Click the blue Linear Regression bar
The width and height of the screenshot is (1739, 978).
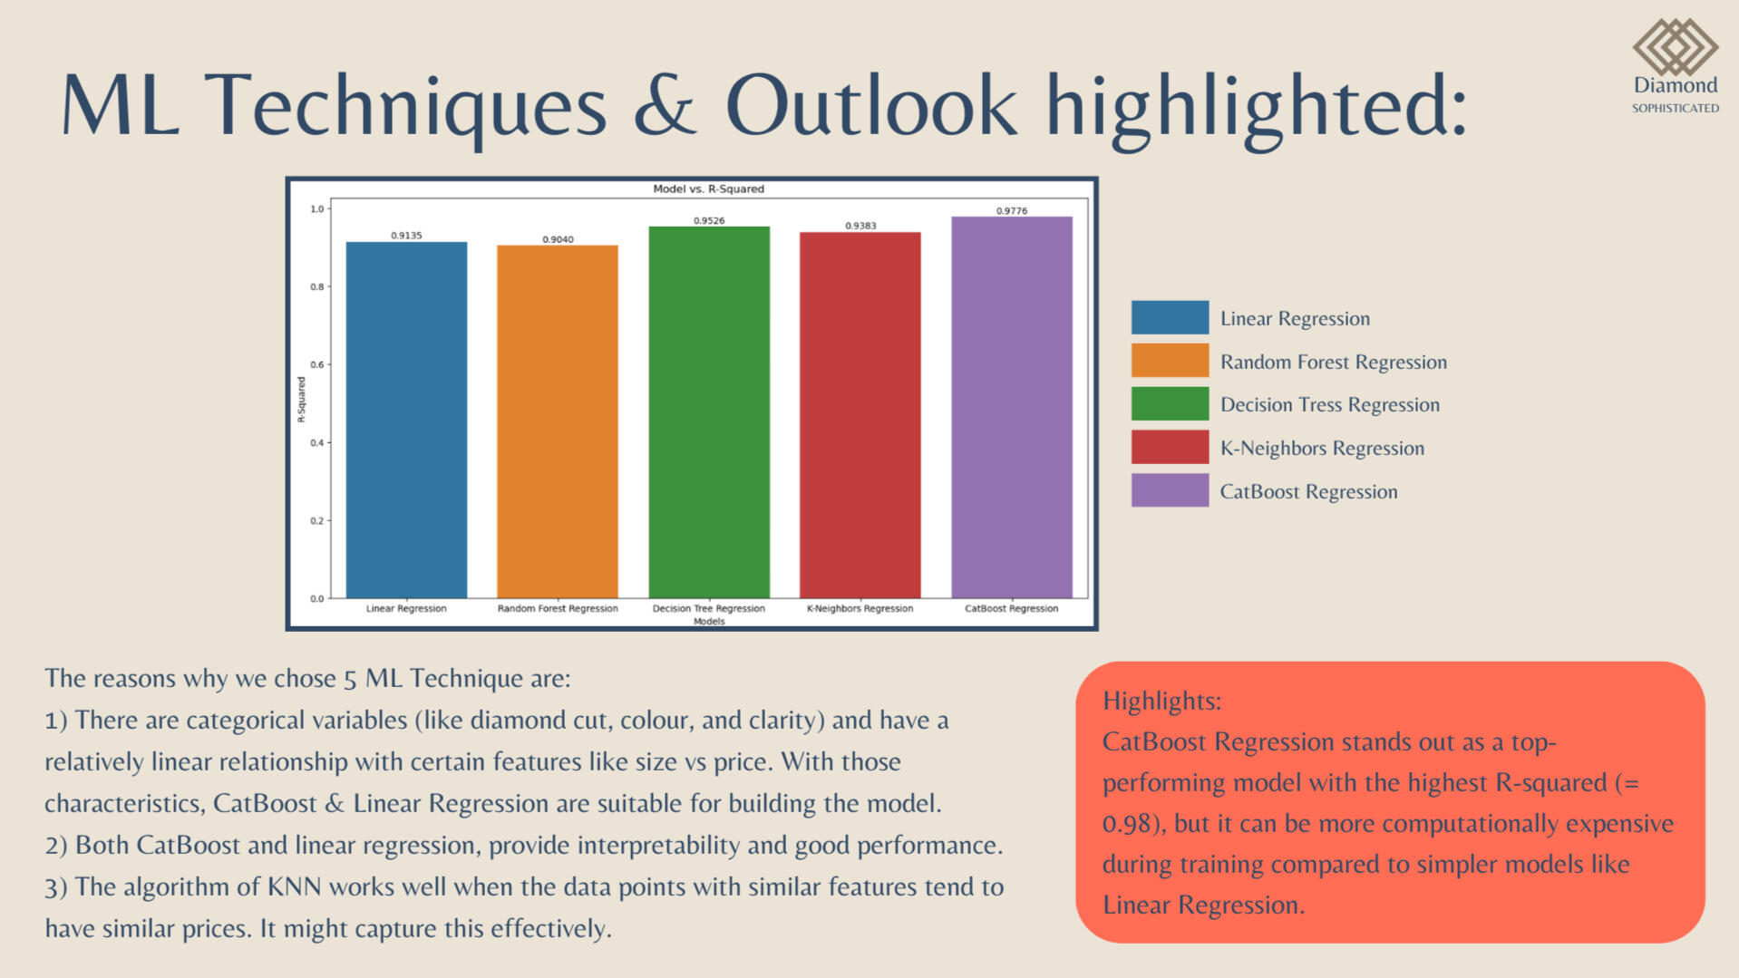click(x=406, y=420)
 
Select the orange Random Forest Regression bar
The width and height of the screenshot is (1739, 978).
click(x=558, y=421)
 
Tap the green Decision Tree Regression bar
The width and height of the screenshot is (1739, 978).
click(x=709, y=412)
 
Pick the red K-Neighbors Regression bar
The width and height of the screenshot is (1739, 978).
click(x=860, y=415)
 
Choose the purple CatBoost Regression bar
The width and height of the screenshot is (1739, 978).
click(x=1012, y=407)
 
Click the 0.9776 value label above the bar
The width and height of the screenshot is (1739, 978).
click(x=1012, y=211)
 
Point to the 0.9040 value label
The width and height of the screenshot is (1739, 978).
click(x=558, y=239)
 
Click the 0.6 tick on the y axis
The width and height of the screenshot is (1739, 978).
click(x=317, y=364)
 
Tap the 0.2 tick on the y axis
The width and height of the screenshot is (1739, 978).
click(x=317, y=521)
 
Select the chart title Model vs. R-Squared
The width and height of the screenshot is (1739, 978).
click(x=709, y=189)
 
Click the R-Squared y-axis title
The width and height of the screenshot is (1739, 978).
click(x=301, y=400)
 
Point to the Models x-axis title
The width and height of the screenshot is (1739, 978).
click(x=709, y=622)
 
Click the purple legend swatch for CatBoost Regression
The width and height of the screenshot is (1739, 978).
click(x=1170, y=490)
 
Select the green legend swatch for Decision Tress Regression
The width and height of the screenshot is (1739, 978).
click(x=1170, y=403)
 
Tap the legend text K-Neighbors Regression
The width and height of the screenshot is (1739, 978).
click(x=1322, y=448)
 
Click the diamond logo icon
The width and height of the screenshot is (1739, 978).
click(x=1676, y=47)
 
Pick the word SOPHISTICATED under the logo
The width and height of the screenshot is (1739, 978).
click(x=1676, y=108)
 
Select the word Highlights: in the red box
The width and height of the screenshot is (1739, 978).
click(x=1161, y=702)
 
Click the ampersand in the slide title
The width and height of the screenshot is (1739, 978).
click(x=665, y=105)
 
